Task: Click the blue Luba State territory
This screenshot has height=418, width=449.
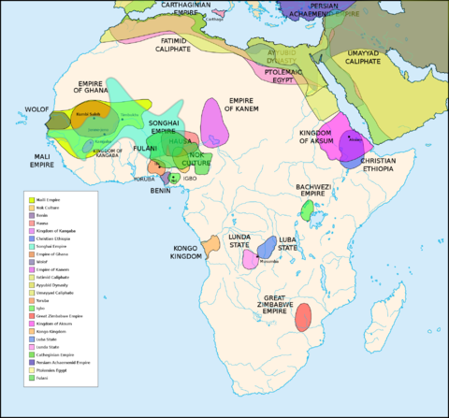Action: [265, 248]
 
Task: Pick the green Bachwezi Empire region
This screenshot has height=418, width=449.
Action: [306, 210]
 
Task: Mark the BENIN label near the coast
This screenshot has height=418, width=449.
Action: [160, 190]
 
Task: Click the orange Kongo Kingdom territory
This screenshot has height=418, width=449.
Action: [211, 245]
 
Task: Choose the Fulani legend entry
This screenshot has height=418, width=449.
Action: [45, 404]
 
